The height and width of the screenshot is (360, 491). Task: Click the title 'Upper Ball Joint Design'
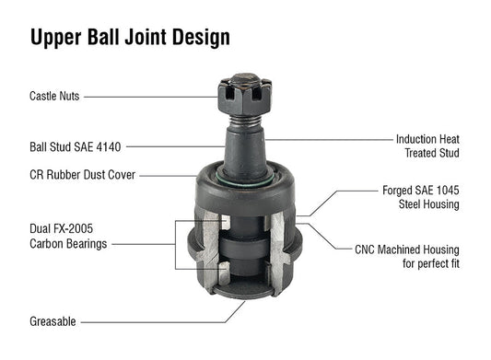[130, 38]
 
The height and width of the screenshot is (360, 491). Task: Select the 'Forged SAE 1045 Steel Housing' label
[420, 197]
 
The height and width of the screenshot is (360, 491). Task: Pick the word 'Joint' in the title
[149, 38]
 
